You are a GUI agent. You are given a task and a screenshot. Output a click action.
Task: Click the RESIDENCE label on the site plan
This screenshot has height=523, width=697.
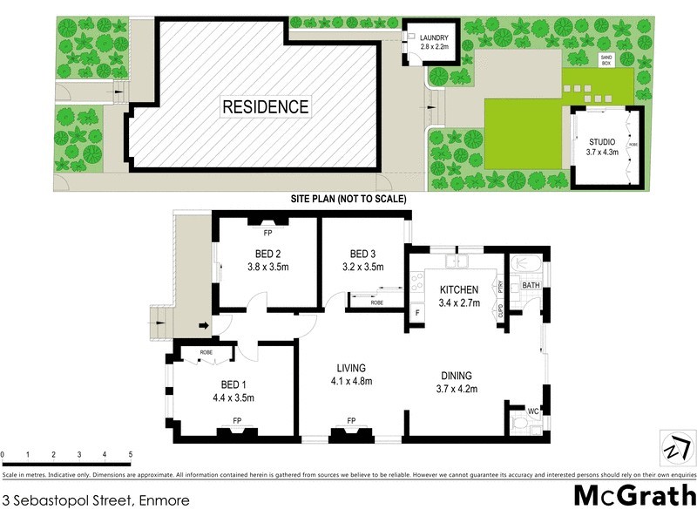[266, 107]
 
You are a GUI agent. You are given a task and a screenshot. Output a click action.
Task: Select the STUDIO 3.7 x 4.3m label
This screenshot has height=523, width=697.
[601, 146]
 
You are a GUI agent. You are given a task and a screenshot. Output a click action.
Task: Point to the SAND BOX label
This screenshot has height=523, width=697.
[606, 60]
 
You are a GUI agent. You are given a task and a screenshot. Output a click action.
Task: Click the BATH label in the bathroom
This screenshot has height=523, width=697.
[531, 285]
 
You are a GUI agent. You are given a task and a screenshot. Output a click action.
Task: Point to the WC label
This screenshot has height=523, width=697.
[534, 411]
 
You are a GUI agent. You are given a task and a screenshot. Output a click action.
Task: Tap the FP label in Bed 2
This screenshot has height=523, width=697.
[267, 234]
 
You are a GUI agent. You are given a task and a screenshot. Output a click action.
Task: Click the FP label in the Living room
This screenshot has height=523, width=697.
[352, 421]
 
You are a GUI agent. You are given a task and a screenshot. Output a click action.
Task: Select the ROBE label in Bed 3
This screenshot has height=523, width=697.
[377, 302]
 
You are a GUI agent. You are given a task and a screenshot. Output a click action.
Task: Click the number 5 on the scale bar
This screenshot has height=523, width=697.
[130, 455]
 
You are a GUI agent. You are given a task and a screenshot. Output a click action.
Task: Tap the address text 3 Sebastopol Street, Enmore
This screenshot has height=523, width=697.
[95, 500]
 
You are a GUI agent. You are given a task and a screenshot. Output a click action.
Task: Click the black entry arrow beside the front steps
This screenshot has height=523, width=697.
[205, 326]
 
